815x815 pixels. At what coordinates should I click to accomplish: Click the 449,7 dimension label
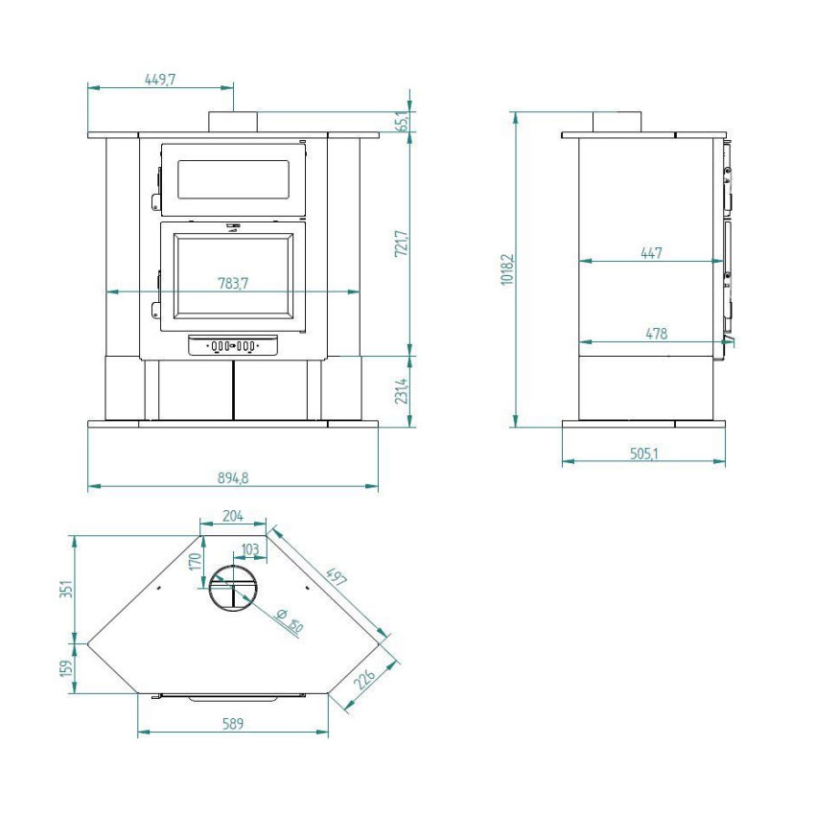[160, 80]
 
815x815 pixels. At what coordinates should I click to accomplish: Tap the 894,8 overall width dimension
[233, 477]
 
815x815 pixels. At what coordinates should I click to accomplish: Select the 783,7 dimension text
[233, 283]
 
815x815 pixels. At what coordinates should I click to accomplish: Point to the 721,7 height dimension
[401, 244]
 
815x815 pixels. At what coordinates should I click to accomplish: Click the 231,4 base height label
[401, 391]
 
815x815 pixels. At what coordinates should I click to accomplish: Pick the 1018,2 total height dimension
[507, 269]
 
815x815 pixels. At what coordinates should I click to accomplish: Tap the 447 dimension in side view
[651, 253]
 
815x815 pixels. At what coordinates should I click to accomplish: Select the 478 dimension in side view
[656, 333]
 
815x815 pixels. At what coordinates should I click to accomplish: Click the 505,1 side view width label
[644, 454]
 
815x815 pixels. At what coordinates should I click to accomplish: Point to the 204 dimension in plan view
[233, 516]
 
